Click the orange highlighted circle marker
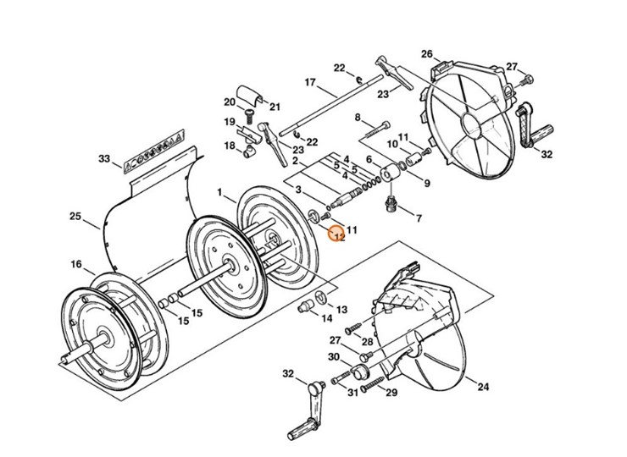337,234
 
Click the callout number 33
104,158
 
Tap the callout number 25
75,217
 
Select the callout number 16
76,265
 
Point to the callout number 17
309,82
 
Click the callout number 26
426,53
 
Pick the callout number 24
482,388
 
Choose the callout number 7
357,117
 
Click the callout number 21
275,107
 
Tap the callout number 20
229,102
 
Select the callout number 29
391,393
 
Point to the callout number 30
333,357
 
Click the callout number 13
342,310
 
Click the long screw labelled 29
373,386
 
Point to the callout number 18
229,146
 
